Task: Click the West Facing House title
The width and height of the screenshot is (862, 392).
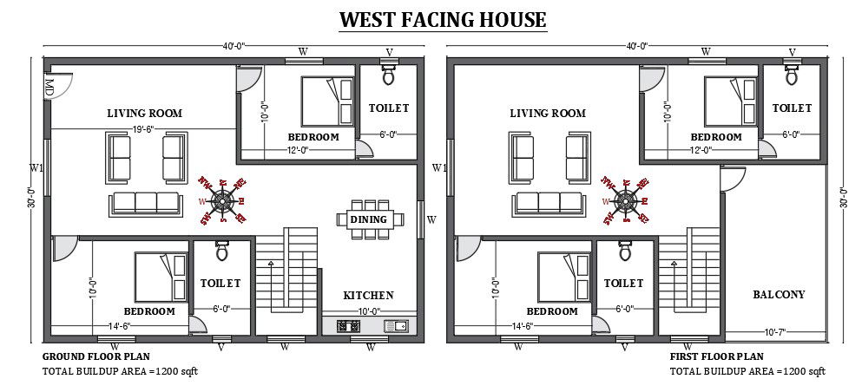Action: [442, 19]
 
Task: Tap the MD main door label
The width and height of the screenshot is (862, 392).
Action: [49, 87]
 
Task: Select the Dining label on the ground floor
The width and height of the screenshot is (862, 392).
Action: [368, 219]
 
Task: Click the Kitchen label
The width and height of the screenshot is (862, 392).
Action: [368, 295]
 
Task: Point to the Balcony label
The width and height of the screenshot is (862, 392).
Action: [778, 294]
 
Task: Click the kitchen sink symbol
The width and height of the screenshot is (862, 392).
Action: [399, 326]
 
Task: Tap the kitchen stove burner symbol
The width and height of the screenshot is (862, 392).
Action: [348, 326]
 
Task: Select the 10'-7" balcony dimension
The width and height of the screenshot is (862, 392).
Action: [775, 332]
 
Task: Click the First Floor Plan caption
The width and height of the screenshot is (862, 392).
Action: [716, 356]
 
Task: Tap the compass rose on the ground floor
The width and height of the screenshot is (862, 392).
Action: [223, 201]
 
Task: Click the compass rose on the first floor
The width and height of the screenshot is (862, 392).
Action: [626, 201]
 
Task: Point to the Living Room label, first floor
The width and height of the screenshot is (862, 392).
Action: [548, 113]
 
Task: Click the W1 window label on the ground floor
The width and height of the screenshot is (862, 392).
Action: [36, 167]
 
